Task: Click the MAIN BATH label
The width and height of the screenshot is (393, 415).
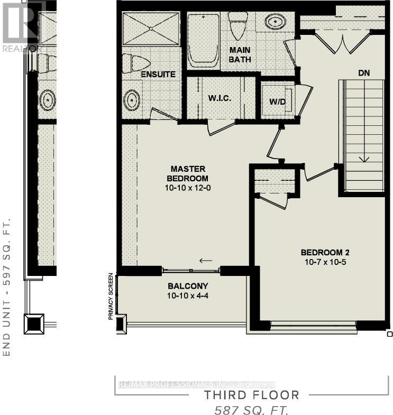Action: (240, 54)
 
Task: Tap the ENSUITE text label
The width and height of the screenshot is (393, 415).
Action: (158, 75)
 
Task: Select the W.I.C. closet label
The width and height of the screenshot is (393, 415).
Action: (219, 99)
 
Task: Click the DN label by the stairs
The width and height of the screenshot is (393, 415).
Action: (364, 73)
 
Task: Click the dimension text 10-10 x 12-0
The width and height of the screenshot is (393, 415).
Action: (188, 188)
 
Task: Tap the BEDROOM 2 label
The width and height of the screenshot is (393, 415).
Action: (325, 252)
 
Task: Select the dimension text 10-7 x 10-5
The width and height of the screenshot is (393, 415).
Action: (325, 262)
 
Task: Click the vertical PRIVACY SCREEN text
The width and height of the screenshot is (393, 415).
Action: (111, 296)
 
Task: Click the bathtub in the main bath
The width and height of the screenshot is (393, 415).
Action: (203, 40)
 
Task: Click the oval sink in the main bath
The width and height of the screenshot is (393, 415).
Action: (274, 23)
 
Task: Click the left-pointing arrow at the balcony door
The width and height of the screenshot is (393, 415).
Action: (206, 260)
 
